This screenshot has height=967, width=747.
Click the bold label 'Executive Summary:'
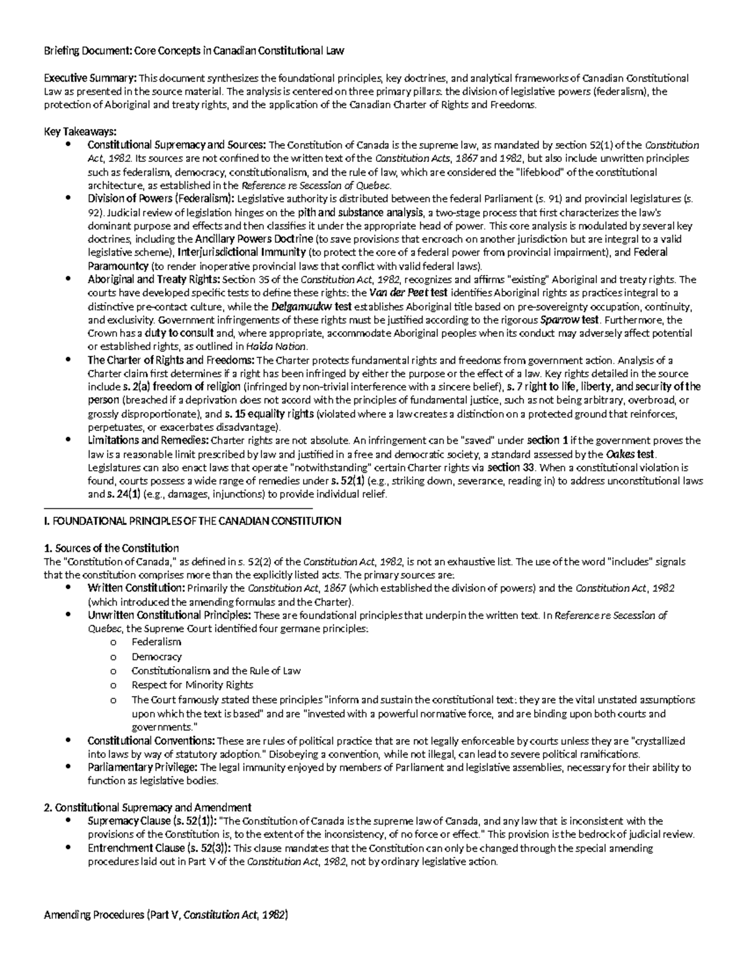pyautogui.click(x=90, y=78)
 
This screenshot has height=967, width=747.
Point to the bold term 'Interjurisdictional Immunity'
pyautogui.click(x=242, y=252)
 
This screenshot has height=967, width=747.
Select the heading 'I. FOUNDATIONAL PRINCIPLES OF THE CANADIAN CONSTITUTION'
pyautogui.click(x=192, y=521)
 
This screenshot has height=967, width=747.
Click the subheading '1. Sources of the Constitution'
pyautogui.click(x=111, y=548)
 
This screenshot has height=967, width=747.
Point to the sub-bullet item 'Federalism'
pyautogui.click(x=156, y=641)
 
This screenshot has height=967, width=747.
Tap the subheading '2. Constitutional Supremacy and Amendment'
pyautogui.click(x=148, y=808)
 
